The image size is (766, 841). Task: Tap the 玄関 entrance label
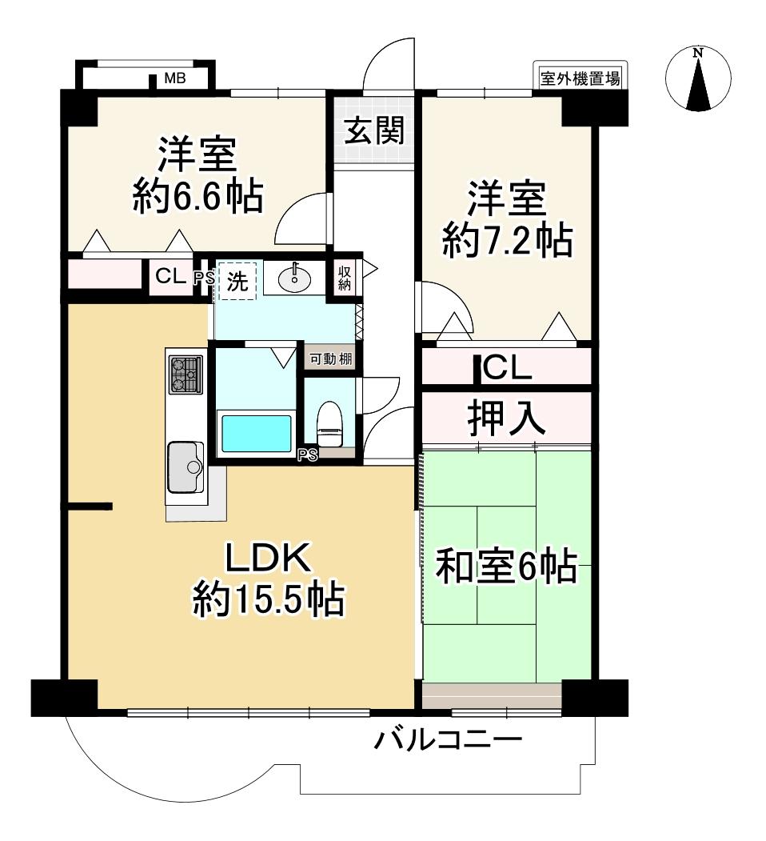click(x=373, y=130)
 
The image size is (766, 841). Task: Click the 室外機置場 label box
click(x=580, y=78)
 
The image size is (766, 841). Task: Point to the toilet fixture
click(x=329, y=423)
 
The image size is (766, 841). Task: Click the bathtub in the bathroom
click(x=255, y=433)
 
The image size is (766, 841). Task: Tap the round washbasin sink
click(x=295, y=278)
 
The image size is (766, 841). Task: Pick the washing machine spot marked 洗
click(x=237, y=281)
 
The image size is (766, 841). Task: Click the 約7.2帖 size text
click(x=506, y=239)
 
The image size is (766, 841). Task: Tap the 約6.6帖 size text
click(x=197, y=197)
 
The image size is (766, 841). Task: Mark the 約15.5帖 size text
click(x=268, y=599)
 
